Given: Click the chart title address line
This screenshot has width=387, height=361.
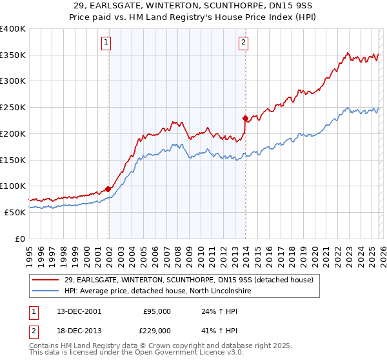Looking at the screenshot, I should (x=193, y=5).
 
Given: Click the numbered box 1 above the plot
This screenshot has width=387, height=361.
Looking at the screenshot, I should (x=106, y=43).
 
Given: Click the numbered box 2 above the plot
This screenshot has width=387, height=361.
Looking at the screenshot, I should (x=243, y=43).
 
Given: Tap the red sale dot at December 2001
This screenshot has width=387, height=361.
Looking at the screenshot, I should (x=108, y=189).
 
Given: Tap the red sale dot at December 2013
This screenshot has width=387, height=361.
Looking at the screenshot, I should (x=245, y=118).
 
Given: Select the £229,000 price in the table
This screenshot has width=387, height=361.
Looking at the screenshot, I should (x=157, y=330).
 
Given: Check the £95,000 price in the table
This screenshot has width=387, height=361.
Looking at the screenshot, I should (x=157, y=311).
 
